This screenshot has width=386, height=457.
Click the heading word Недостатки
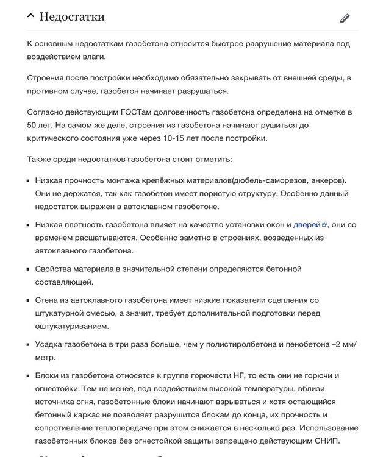[72, 16]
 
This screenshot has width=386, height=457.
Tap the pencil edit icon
[345, 18]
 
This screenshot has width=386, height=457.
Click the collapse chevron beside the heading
[30, 16]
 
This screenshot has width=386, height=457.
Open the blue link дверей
[306, 224]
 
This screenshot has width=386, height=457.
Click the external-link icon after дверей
[324, 224]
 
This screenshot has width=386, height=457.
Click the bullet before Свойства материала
[28, 269]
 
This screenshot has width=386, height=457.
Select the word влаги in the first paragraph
[92, 57]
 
